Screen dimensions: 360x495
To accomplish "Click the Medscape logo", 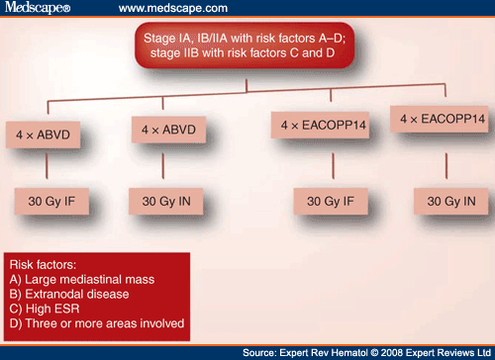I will point(32,9).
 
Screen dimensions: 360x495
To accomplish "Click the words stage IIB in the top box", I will point(198,57).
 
